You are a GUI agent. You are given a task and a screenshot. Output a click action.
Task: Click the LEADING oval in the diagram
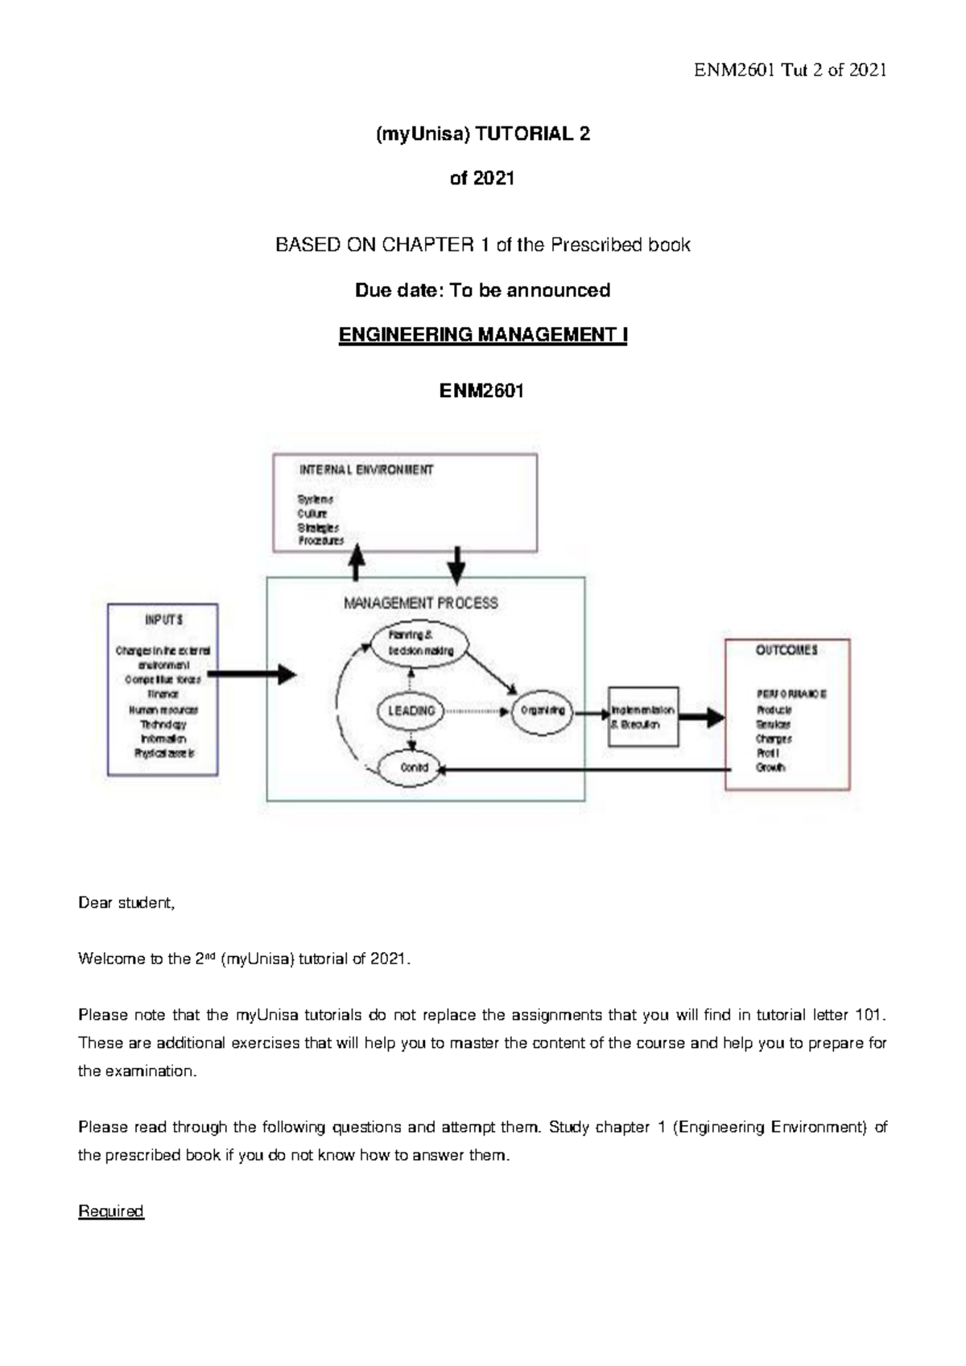[x=411, y=710]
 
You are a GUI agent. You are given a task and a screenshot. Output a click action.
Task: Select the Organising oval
[x=542, y=710]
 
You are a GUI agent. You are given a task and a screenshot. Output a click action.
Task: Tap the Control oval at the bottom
[x=414, y=768]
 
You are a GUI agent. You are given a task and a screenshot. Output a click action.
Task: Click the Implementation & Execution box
[x=642, y=717]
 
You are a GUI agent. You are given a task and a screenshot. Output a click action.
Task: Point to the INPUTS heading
[x=163, y=619]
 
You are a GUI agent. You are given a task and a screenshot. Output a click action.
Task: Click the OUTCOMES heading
[x=786, y=650]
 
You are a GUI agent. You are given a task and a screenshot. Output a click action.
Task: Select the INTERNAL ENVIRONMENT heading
[x=366, y=470]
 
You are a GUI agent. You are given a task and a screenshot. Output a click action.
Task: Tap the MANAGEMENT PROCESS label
[x=420, y=602]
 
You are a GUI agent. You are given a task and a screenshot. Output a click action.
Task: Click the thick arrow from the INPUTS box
[x=251, y=674]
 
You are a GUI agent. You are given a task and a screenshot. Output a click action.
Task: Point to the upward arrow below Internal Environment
[x=356, y=561]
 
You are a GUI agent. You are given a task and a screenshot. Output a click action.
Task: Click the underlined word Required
[x=110, y=1211]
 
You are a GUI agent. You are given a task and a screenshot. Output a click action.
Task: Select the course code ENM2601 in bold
[x=481, y=391]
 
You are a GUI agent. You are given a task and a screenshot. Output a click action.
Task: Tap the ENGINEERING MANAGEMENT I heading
[x=482, y=335]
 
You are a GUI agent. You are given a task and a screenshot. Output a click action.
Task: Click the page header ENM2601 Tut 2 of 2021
[x=790, y=70]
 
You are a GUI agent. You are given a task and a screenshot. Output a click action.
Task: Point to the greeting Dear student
[x=126, y=903]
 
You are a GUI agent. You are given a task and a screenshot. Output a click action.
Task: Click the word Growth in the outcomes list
[x=770, y=768]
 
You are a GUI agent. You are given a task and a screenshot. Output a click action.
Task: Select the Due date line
[x=482, y=290]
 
